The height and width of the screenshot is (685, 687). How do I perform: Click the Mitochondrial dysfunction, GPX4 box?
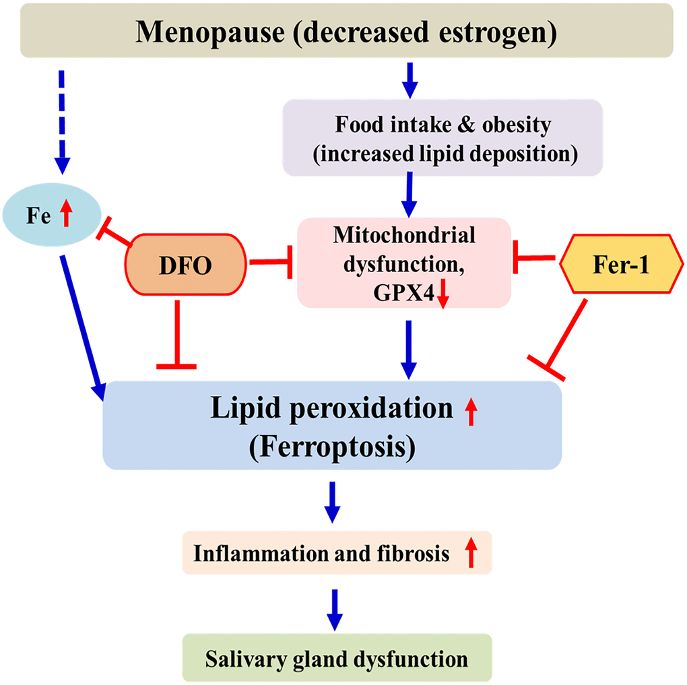[x=403, y=263]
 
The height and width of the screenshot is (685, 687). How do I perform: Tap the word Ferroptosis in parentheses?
[x=331, y=446]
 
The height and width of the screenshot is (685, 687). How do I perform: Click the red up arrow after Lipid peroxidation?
[x=471, y=412]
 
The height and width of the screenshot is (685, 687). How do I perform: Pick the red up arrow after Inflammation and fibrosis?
[x=471, y=554]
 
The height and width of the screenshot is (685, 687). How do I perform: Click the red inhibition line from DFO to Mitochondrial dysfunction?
[x=270, y=263]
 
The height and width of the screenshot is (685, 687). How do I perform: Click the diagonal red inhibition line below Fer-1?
[x=566, y=337]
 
